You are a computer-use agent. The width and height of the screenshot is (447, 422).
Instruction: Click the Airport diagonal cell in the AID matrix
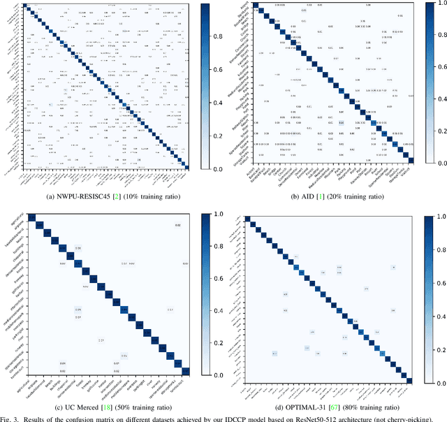[x=255, y=6]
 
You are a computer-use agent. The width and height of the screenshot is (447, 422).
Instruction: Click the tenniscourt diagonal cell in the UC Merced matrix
[x=184, y=371]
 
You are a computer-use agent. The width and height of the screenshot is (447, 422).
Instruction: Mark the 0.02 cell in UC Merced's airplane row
[x=177, y=225]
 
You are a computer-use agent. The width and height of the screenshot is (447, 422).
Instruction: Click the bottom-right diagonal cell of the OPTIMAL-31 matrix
[x=409, y=380]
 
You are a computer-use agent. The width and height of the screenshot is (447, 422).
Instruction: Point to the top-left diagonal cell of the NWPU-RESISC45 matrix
[x=25, y=6]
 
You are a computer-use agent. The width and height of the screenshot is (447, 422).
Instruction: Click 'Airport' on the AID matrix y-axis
[x=244, y=6]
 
